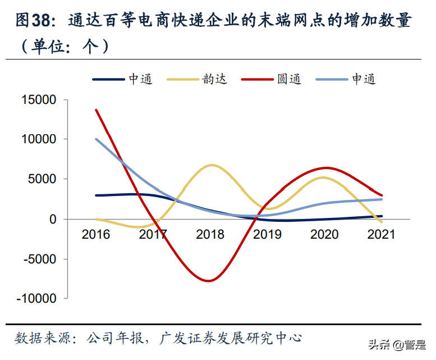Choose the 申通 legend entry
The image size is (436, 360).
pos(346,79)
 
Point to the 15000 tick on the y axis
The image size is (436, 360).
pos(39,100)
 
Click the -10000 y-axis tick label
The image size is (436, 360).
pos(37,299)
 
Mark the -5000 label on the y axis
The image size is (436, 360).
pos(40,259)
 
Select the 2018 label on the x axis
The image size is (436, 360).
pos(210,234)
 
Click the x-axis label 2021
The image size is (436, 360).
pos(380,234)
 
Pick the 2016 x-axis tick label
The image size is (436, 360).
pos(96,234)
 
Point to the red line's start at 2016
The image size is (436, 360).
pos(96,110)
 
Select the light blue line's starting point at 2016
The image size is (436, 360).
pos(96,139)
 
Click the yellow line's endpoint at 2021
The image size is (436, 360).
pos(382,222)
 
